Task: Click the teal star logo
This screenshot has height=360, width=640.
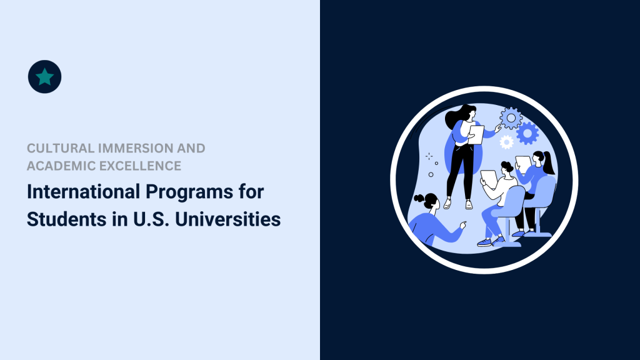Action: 45,77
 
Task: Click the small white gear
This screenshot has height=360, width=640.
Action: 506,142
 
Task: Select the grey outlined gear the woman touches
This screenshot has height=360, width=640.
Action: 511,117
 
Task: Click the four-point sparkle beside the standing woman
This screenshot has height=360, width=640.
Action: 429,156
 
